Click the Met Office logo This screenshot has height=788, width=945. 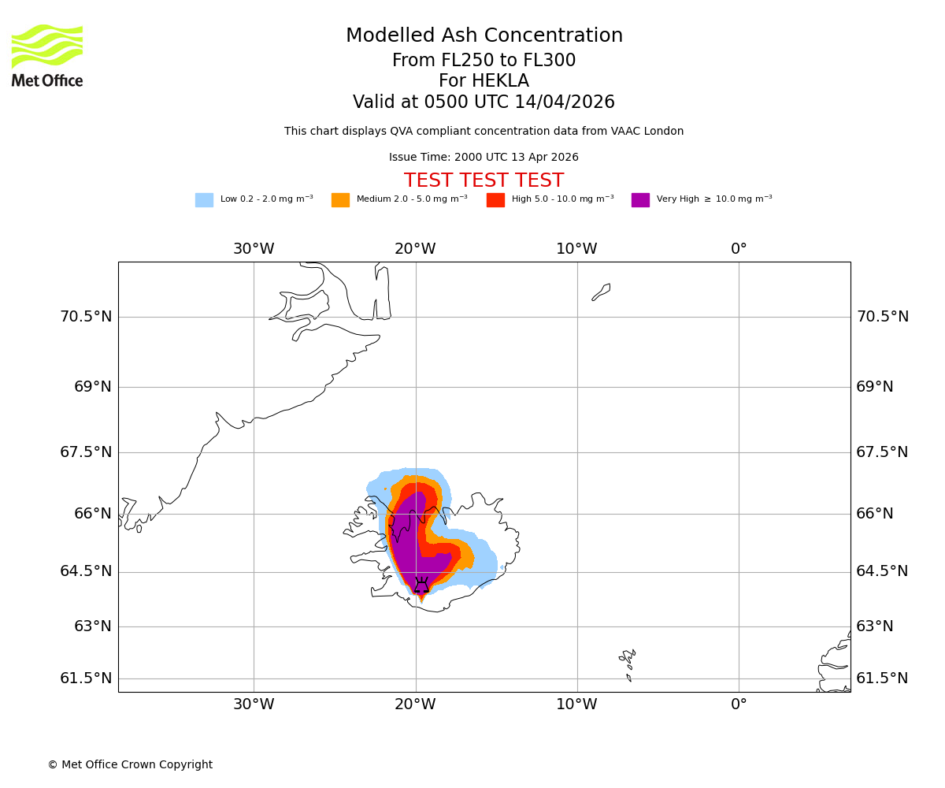click(47, 55)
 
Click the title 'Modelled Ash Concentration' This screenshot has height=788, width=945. click(484, 36)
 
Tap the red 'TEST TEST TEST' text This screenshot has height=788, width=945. click(484, 181)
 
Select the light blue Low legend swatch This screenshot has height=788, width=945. click(204, 200)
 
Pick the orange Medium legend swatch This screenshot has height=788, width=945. click(340, 200)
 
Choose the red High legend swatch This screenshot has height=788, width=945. click(495, 200)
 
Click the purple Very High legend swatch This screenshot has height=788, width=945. click(640, 200)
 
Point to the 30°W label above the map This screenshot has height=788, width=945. click(254, 249)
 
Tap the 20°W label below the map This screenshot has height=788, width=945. click(415, 704)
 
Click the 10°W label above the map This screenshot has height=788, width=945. click(576, 249)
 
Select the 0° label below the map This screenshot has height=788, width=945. click(739, 704)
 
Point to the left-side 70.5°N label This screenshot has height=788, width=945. click(86, 317)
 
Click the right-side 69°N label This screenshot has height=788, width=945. click(875, 387)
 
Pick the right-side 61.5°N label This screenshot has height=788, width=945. click(882, 678)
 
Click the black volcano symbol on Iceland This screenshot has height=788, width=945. click(421, 585)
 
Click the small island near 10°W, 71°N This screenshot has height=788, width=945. click(601, 292)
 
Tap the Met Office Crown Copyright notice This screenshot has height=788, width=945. click(130, 765)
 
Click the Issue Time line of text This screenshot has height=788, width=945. click(484, 158)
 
